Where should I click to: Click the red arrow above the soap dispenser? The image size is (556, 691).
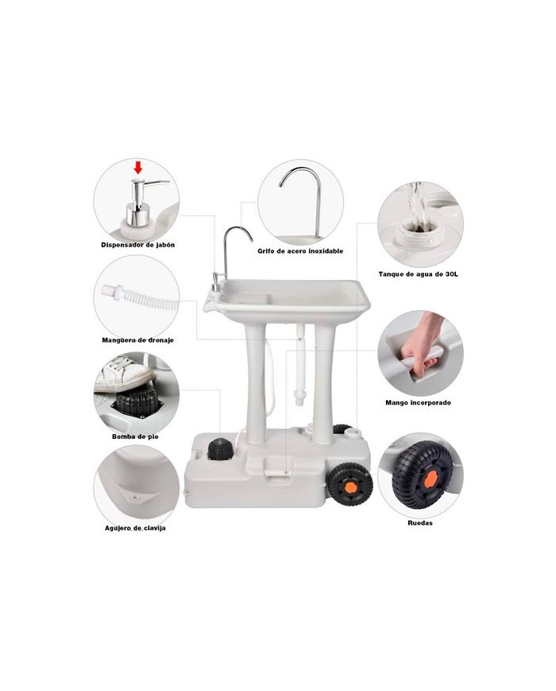click(138, 168)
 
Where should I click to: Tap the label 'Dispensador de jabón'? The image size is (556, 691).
click(137, 245)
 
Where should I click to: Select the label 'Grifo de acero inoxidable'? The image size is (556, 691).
click(300, 251)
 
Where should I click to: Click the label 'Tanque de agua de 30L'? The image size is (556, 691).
click(419, 274)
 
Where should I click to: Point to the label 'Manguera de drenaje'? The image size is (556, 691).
click(137, 340)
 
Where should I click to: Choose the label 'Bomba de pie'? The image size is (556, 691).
click(135, 437)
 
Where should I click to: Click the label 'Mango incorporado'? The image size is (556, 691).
click(419, 403)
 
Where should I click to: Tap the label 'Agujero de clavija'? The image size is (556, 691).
click(135, 528)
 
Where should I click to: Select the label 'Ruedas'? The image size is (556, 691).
click(420, 523)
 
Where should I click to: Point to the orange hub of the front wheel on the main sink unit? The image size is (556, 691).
click(351, 487)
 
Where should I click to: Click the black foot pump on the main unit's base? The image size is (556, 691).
click(220, 450)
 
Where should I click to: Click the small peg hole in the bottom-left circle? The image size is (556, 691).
click(136, 497)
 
